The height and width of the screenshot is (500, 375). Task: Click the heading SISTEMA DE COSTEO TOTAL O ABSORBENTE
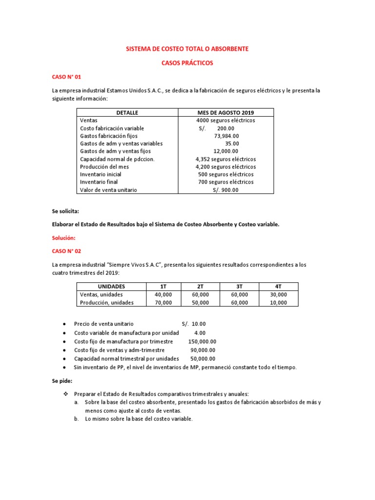[187, 49]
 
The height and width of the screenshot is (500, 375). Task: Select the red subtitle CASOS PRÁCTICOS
[187, 63]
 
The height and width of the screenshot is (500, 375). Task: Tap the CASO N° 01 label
[66, 77]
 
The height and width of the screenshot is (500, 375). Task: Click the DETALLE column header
[127, 112]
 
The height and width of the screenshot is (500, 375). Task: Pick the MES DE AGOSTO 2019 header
[225, 112]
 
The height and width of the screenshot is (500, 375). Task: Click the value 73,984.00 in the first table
[226, 136]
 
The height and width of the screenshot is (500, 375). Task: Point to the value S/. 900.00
[226, 190]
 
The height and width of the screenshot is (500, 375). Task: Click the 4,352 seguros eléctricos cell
[225, 159]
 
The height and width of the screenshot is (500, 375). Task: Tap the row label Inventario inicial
[101, 174]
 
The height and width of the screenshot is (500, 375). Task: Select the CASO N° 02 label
[66, 250]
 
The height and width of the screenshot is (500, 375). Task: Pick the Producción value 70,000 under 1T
[164, 302]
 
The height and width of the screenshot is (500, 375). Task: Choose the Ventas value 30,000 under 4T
[278, 294]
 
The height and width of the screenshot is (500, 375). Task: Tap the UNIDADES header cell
[111, 286]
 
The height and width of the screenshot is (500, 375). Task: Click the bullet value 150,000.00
[202, 341]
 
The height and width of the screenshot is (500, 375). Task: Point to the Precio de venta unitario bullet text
[104, 324]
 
